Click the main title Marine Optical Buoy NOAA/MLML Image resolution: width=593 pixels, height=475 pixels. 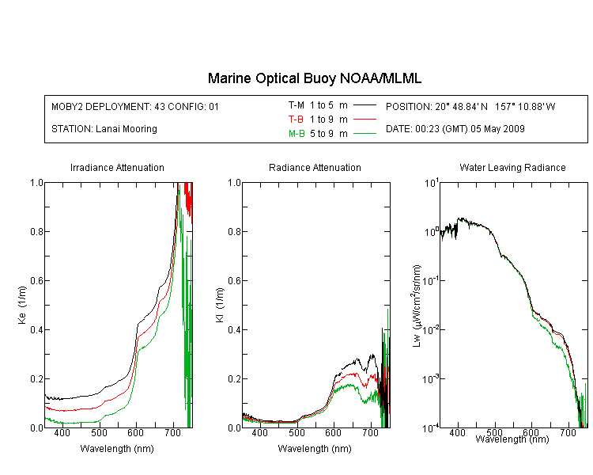click(314, 78)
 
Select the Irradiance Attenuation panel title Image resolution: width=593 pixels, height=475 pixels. click(117, 167)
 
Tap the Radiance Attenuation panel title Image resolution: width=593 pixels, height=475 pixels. click(315, 167)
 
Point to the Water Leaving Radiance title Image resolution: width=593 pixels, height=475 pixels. click(512, 167)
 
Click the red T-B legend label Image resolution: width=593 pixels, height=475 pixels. click(296, 120)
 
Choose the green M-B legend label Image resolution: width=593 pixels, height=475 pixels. click(296, 134)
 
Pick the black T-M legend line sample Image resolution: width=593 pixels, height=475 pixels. click(364, 105)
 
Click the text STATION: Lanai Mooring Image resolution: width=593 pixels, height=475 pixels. click(104, 129)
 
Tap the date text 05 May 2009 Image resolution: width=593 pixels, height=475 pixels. click(497, 129)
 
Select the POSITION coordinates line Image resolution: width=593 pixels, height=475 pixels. click(470, 106)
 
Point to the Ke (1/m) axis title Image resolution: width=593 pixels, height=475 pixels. click(22, 306)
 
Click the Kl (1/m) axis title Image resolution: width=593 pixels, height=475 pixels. click(220, 306)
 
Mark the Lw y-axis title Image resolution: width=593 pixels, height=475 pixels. click(417, 306)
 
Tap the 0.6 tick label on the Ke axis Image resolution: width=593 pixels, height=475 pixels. click(36, 281)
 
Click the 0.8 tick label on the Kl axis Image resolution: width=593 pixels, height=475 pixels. click(235, 231)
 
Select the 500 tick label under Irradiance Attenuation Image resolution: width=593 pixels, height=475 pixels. click(99, 432)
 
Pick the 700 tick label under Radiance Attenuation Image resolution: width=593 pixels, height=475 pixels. click(370, 432)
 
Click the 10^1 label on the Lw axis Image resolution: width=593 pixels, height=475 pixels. click(432, 183)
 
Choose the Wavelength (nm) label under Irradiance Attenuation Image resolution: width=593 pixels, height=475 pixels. click(117, 449)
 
